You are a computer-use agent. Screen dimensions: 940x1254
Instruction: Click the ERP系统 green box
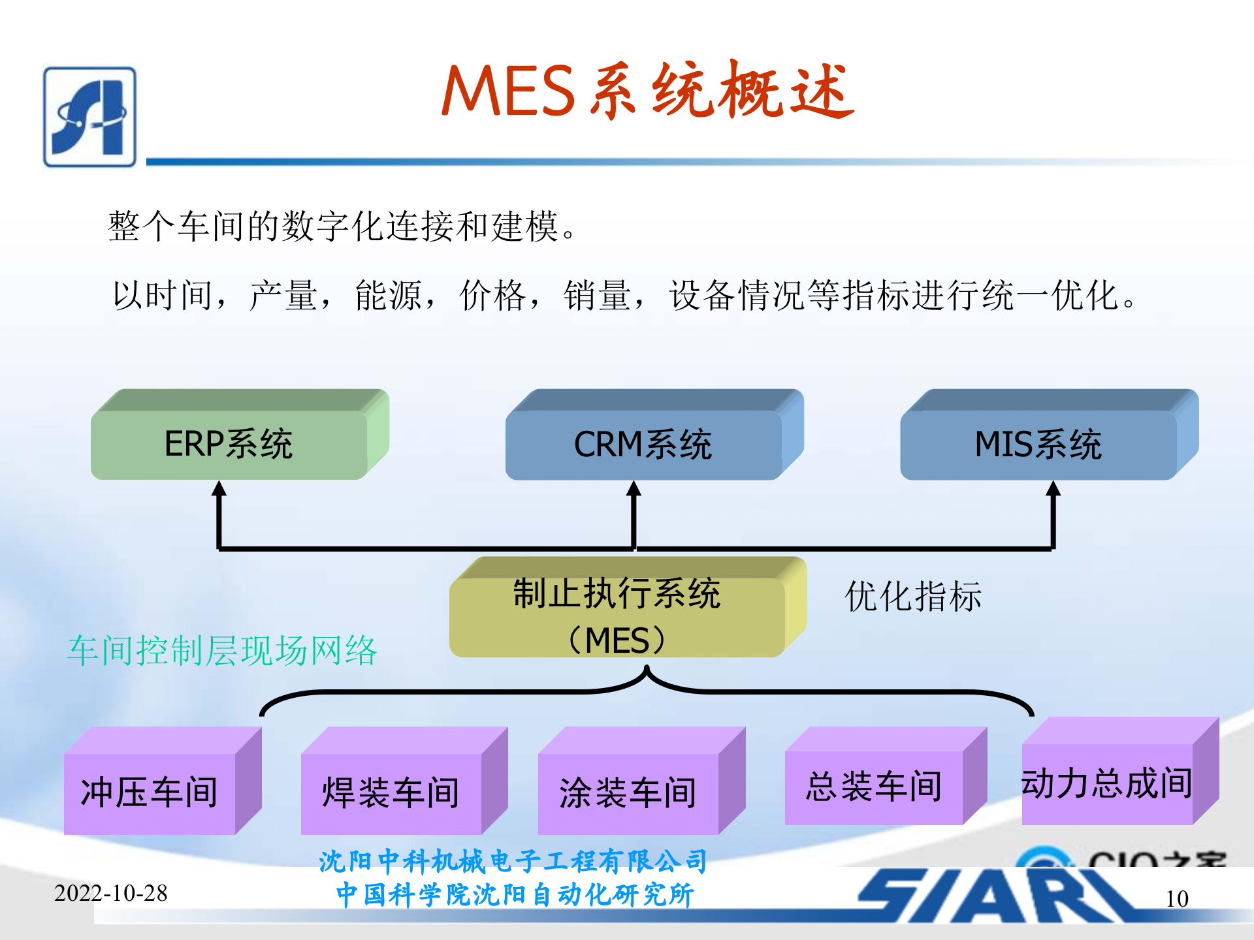(229, 444)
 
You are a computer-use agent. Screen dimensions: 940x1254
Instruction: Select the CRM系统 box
(643, 444)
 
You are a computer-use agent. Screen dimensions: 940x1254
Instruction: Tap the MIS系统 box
(1038, 444)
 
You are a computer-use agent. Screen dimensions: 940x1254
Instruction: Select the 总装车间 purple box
(874, 786)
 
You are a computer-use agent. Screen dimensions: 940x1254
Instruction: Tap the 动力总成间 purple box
(1107, 783)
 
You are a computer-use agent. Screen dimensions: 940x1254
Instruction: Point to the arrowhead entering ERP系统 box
(219, 490)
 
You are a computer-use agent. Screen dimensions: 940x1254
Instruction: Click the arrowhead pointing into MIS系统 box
(1053, 490)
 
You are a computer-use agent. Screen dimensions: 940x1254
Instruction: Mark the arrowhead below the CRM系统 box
(634, 490)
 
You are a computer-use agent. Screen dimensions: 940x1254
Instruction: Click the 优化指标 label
(913, 597)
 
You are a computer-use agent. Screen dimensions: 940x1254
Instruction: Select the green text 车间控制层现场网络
(223, 651)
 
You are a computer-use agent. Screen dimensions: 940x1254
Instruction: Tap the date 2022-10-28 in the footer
(111, 893)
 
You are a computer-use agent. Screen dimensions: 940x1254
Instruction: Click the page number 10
(1177, 899)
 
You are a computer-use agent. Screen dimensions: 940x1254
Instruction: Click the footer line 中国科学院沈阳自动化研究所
(515, 895)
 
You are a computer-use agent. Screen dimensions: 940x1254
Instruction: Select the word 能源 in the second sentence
(388, 296)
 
